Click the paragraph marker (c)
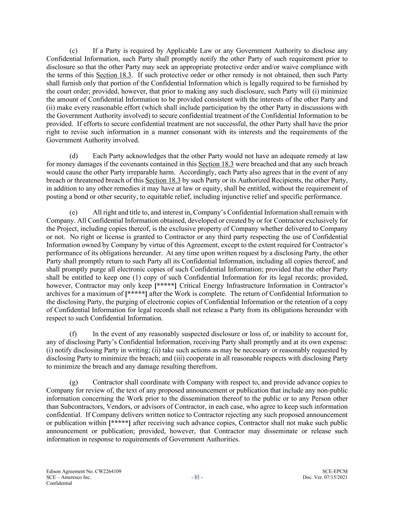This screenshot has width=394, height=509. point(74,51)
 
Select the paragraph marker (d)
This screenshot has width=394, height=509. point(74,156)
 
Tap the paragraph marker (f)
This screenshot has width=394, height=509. point(73,334)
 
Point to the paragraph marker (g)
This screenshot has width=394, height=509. point(74,382)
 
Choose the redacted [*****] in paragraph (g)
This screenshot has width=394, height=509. point(120,423)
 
